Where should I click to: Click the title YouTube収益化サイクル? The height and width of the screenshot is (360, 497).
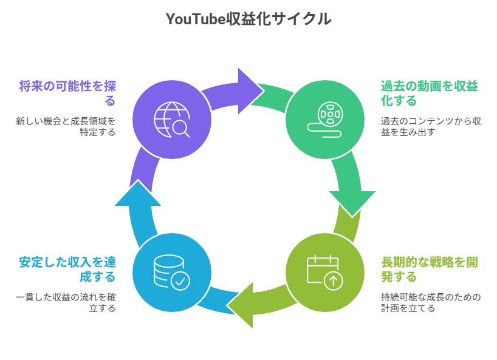(249, 19)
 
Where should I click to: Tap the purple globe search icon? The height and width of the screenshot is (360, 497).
(172, 120)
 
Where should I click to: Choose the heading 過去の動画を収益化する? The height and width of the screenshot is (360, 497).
(429, 93)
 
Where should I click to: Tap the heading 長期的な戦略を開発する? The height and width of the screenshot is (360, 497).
(429, 270)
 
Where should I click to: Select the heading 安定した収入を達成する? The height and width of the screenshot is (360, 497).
(67, 270)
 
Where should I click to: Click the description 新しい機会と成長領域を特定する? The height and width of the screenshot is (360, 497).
(66, 126)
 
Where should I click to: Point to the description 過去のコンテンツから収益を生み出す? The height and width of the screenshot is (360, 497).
(431, 126)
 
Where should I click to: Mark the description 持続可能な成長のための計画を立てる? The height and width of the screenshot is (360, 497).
(430, 302)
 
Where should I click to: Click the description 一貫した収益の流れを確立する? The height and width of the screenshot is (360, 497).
(66, 302)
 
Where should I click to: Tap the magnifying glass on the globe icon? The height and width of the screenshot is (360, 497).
(181, 129)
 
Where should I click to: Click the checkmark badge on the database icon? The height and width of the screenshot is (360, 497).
(181, 280)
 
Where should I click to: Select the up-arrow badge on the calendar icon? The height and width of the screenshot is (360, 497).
(332, 281)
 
